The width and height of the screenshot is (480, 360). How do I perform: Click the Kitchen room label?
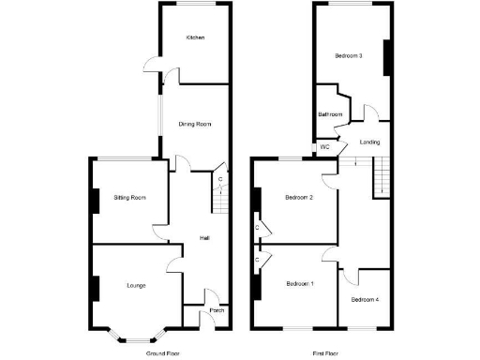tap(195, 37)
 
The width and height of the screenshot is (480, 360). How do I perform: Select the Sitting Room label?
tap(129, 198)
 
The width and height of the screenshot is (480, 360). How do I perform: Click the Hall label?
tap(203, 238)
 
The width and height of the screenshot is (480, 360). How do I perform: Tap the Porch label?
tap(217, 310)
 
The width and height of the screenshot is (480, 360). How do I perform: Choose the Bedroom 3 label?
tap(349, 56)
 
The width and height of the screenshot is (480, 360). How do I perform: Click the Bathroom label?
tap(330, 114)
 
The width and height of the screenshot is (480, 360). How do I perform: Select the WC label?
tap(325, 147)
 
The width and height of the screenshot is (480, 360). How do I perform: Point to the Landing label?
tap(368, 142)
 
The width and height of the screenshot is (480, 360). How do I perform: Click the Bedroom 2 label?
tap(298, 197)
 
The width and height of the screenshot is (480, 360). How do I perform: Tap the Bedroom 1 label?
tap(300, 283)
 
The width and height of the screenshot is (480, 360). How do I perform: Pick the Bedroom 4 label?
tap(366, 300)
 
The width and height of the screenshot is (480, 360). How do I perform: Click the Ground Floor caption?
tap(161, 353)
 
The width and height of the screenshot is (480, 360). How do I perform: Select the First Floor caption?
tap(324, 353)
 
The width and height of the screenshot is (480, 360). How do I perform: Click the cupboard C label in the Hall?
tap(219, 179)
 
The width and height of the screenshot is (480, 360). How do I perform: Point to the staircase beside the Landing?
tap(381, 177)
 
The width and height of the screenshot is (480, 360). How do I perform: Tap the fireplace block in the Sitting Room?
tap(95, 202)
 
